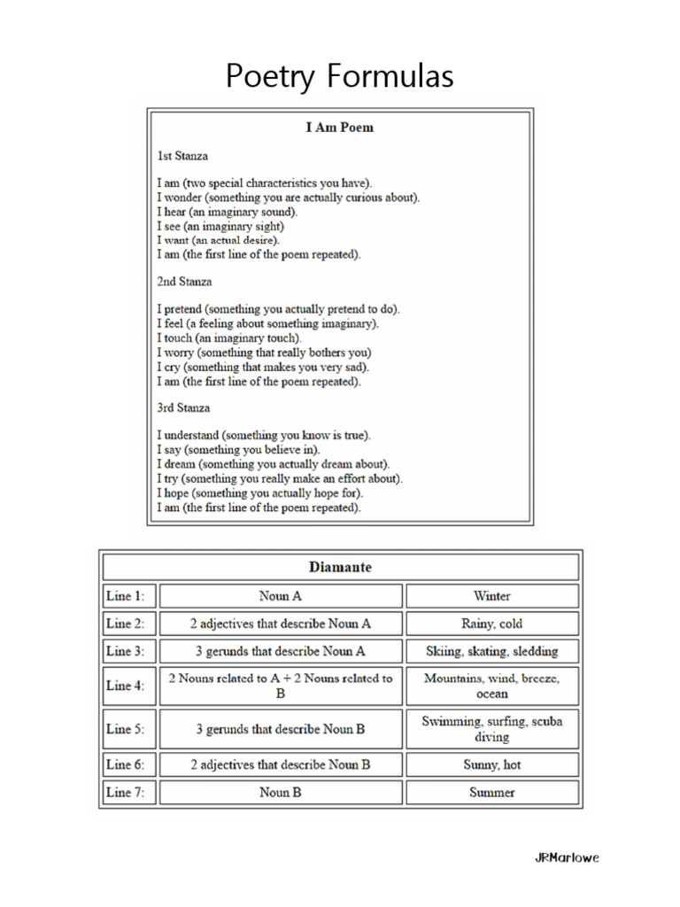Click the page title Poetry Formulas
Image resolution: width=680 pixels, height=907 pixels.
click(339, 77)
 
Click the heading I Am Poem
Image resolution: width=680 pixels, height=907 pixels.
click(339, 128)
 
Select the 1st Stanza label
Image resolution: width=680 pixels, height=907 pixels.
click(183, 156)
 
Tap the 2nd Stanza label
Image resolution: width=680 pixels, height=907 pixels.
click(184, 282)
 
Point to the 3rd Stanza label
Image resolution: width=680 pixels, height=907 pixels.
click(183, 408)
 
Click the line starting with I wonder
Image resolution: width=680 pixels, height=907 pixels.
click(289, 198)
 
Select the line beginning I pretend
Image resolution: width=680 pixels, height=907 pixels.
click(278, 310)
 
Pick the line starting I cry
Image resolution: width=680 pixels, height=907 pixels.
click(263, 367)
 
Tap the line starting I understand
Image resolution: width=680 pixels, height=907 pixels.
click(264, 436)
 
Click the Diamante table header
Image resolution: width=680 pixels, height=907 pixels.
click(340, 568)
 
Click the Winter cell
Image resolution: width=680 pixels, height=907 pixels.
click(491, 596)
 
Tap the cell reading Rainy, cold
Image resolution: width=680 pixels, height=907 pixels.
click(491, 624)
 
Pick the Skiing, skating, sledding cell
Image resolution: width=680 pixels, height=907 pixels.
click(491, 652)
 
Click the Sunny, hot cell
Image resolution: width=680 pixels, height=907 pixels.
click(491, 764)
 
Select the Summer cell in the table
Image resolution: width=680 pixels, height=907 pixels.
click(491, 793)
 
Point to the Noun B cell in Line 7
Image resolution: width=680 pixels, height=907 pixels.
click(280, 793)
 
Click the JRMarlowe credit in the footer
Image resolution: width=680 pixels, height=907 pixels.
click(567, 857)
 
